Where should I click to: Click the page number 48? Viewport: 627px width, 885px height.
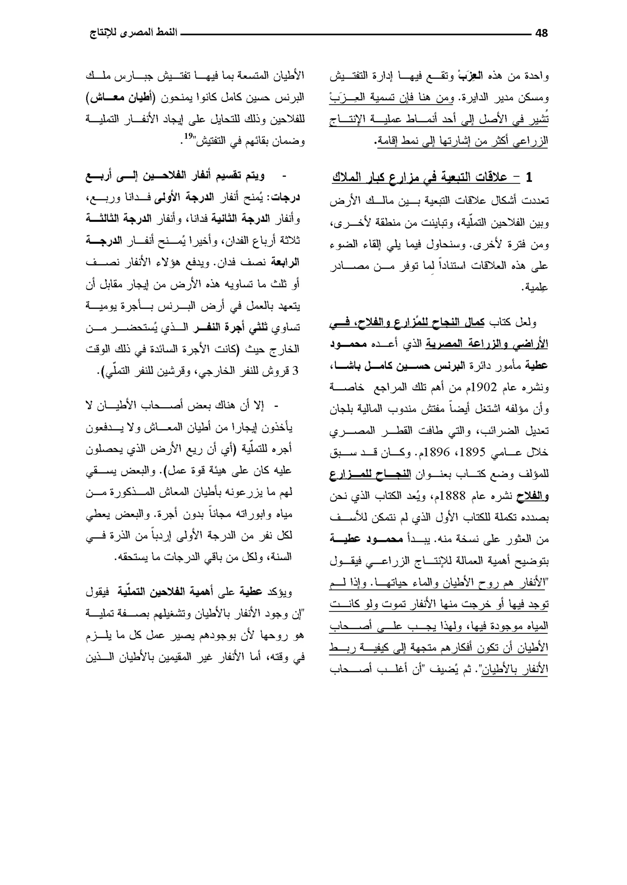541,34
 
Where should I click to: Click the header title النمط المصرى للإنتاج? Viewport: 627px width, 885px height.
133,33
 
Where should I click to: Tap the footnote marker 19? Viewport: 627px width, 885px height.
188,136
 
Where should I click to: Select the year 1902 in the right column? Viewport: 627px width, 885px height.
485,387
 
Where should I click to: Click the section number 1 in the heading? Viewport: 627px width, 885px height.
528,178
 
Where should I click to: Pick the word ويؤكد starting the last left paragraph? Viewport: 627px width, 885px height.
282,592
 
